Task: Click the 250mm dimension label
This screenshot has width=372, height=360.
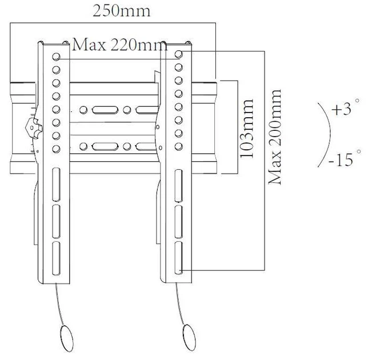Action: (x=122, y=11)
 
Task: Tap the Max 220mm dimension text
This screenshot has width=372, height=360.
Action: (x=120, y=45)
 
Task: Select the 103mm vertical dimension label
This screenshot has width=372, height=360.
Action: (x=247, y=129)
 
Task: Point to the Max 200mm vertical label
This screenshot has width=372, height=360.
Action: (x=275, y=137)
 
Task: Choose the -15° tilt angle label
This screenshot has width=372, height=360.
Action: (x=345, y=158)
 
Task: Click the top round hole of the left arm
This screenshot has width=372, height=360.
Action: (x=56, y=57)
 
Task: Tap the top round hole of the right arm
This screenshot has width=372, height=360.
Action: (x=179, y=54)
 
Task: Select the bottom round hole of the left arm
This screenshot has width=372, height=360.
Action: (x=56, y=149)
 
